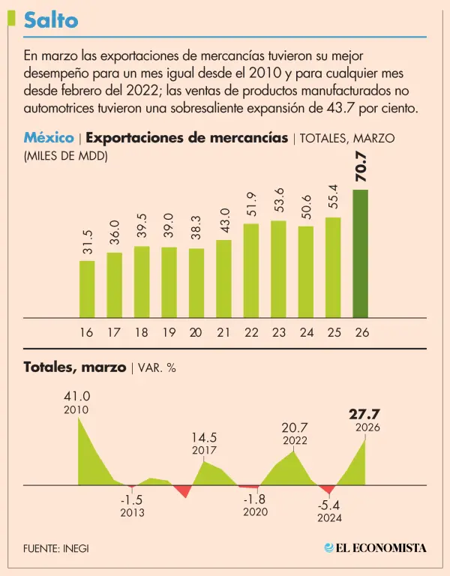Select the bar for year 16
[x=87, y=289]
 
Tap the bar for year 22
[x=251, y=270]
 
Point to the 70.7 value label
[x=361, y=166]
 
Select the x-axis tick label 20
[x=196, y=331]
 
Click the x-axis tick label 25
[x=333, y=331]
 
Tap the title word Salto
[x=50, y=20]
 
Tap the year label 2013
[x=132, y=513]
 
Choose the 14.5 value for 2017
[x=204, y=436]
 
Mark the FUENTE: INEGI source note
[x=55, y=548]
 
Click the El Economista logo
[x=375, y=547]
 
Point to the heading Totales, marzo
[x=75, y=367]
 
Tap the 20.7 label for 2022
[x=295, y=427]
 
